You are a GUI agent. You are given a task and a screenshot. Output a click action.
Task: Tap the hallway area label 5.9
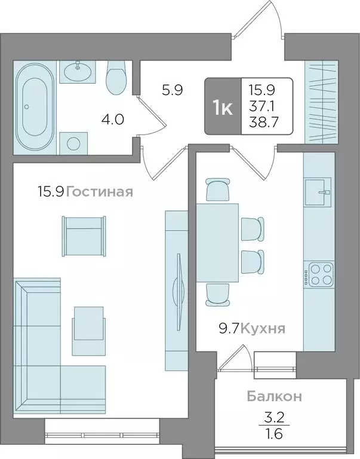(x=172, y=91)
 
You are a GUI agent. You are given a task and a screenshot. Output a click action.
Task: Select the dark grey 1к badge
(x=223, y=106)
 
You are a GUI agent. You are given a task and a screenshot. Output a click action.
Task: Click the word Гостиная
(x=99, y=192)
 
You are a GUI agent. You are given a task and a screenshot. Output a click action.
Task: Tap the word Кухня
(x=263, y=328)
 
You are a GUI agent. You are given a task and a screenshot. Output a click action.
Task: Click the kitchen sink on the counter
(x=319, y=192)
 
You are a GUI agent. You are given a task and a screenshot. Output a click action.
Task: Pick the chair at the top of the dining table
(x=217, y=190)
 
